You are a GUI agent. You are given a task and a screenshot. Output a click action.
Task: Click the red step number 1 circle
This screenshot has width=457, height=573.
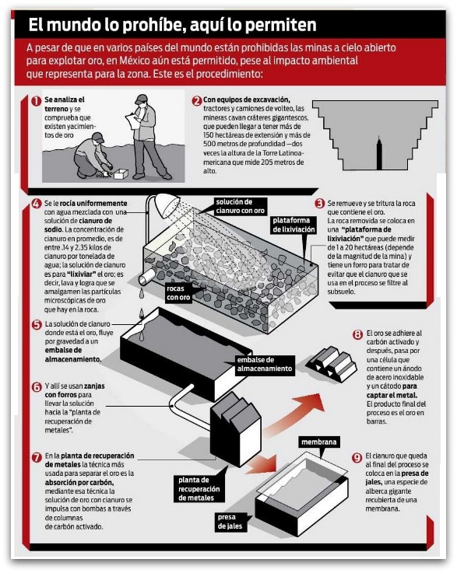click(x=37, y=101)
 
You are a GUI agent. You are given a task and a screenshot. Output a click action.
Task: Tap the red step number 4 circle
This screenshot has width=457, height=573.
click(x=37, y=204)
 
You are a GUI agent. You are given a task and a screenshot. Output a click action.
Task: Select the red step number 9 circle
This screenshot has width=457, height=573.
click(x=357, y=457)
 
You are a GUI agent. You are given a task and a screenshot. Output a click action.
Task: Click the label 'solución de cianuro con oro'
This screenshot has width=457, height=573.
click(x=240, y=207)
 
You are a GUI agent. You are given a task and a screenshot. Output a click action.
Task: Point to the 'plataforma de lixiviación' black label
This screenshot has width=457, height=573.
click(x=294, y=225)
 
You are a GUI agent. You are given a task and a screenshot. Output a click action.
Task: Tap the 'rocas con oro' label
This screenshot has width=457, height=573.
click(x=178, y=293)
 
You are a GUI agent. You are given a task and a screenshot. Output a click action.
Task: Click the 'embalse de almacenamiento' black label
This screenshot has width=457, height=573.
click(x=264, y=365)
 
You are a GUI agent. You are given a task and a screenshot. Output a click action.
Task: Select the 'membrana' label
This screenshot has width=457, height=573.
click(x=319, y=442)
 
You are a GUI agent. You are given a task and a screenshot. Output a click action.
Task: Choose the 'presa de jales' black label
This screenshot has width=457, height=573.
click(x=230, y=522)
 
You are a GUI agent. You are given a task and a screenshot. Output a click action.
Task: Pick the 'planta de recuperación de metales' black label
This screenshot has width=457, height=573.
click(x=199, y=489)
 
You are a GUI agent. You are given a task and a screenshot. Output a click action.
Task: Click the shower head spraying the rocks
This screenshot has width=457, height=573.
click(x=167, y=206)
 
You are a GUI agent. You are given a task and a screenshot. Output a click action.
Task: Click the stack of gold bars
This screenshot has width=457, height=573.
click(x=332, y=362)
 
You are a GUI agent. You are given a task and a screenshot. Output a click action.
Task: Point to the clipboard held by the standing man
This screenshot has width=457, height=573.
click(x=133, y=120)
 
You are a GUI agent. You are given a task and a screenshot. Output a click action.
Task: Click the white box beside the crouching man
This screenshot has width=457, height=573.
click(x=121, y=174)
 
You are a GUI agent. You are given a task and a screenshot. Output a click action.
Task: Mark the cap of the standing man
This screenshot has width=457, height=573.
click(x=141, y=99)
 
